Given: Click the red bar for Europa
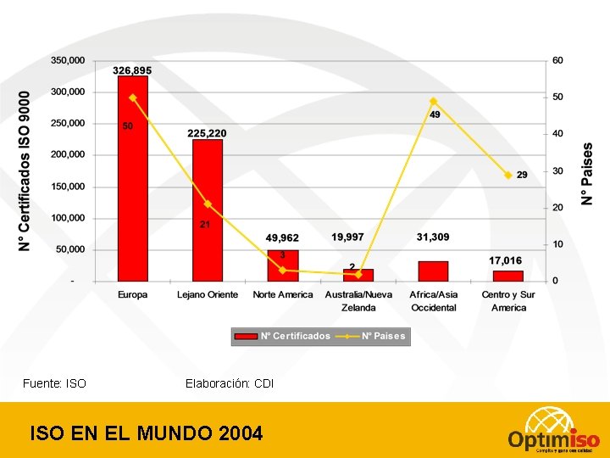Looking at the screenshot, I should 133,187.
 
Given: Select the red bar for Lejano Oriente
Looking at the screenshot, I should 208,212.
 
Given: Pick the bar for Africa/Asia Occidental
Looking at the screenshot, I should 433,271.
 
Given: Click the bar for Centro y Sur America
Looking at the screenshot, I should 508,276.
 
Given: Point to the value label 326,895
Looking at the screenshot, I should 133,70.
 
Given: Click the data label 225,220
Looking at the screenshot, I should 207,133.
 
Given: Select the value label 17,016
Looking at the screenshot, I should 506,260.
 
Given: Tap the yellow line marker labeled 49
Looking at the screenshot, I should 434,101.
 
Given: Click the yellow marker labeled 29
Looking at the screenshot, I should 508,176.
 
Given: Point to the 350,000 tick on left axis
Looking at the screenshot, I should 68,60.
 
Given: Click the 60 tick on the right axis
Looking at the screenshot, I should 557,60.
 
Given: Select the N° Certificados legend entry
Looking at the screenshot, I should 285,336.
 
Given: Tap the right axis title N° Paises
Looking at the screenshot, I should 586,173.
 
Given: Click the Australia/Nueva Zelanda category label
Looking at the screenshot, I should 358,300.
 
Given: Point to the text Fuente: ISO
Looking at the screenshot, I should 54,383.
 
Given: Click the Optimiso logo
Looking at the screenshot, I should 554,431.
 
